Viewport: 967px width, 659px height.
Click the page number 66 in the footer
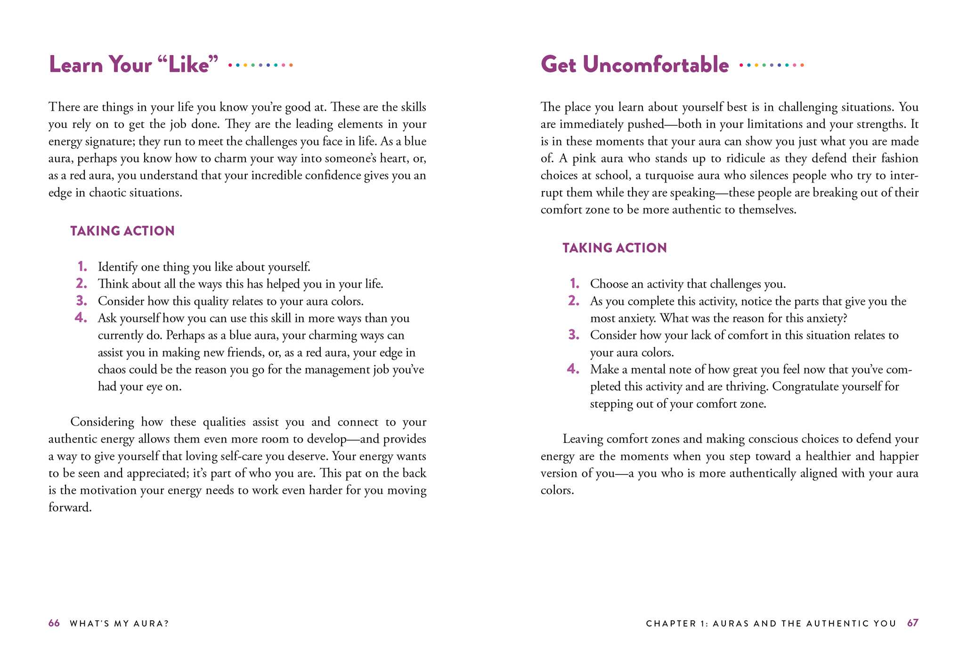click(54, 623)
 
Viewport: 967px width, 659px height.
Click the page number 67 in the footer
click(912, 623)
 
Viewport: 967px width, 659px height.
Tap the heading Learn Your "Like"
click(134, 65)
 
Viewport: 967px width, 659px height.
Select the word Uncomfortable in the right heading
click(655, 65)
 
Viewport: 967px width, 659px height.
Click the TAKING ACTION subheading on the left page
click(122, 231)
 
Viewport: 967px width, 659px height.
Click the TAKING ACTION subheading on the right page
click(614, 248)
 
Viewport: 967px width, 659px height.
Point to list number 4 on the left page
click(81, 318)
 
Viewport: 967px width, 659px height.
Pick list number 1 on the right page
click(574, 283)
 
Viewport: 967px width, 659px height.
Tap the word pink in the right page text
click(584, 159)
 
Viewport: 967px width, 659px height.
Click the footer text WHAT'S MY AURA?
click(119, 624)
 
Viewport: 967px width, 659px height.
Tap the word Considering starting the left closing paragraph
click(102, 422)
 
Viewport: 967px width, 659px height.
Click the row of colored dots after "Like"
click(260, 65)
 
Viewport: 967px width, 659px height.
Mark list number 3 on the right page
click(574, 335)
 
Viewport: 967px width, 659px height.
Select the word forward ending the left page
click(69, 507)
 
